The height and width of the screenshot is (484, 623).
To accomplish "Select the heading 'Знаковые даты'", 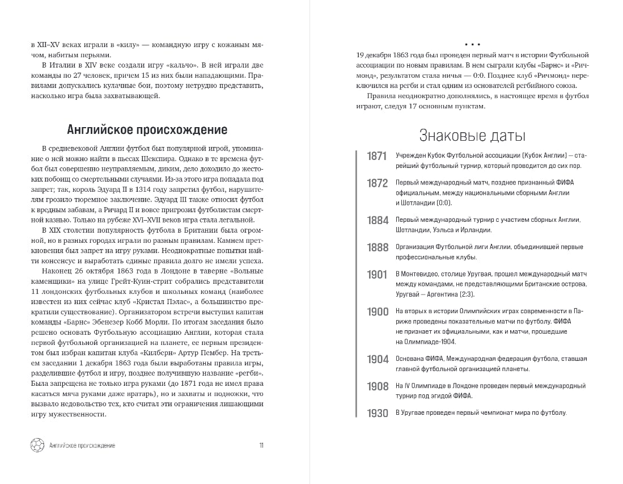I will click(x=472, y=136).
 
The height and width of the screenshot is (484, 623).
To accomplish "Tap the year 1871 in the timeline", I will click(x=377, y=156).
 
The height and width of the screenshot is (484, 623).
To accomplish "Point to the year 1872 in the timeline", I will click(x=377, y=183).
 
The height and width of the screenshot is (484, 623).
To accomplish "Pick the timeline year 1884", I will click(x=377, y=220).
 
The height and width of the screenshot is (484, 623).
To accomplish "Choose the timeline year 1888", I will click(x=377, y=247).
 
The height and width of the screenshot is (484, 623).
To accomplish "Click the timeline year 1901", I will click(x=377, y=275).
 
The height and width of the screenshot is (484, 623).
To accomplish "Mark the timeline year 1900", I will click(x=377, y=312).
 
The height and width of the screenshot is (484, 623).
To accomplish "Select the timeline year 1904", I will click(x=377, y=359).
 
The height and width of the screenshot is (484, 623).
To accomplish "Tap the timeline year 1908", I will click(x=377, y=386).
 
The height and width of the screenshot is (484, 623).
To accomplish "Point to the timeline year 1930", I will click(x=377, y=413).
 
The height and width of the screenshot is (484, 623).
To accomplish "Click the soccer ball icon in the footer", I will click(x=37, y=445).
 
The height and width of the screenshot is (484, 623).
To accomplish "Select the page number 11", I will click(x=261, y=445).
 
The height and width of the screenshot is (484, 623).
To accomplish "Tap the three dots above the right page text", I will click(x=472, y=44).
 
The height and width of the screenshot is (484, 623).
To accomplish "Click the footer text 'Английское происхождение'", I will click(x=82, y=445).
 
